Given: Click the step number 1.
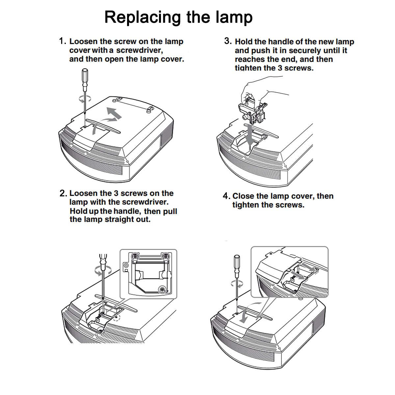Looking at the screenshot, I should (x=62, y=41).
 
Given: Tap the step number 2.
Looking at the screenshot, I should (x=63, y=194).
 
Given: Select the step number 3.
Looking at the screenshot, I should (x=228, y=41).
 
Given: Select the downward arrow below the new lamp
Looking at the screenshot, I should (x=250, y=133).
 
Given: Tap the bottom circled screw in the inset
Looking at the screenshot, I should (x=162, y=289).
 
